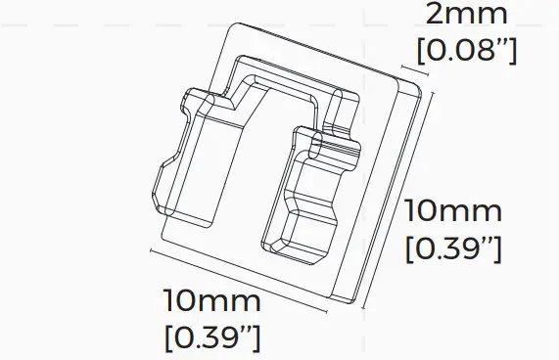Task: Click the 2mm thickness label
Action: pyautogui.click(x=467, y=16)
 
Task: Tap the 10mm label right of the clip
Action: pyautogui.click(x=453, y=211)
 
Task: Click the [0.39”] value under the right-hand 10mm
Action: pyautogui.click(x=453, y=247)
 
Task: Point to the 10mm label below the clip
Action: pyautogui.click(x=212, y=301)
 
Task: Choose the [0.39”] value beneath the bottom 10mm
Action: pyautogui.click(x=212, y=337)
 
